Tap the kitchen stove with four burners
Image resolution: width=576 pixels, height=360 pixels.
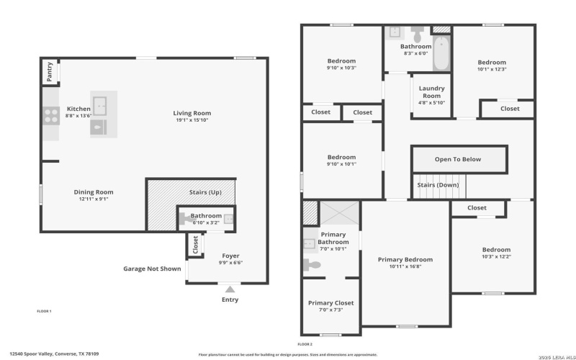click(51, 114)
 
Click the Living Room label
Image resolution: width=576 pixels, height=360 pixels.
click(192, 113)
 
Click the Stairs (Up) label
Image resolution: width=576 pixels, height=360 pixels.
click(205, 192)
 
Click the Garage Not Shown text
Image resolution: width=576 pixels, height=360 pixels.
click(152, 269)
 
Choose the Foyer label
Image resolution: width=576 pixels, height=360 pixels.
click(230, 256)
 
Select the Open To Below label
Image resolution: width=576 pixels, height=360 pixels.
click(457, 159)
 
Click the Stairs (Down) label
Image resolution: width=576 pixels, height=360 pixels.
click(438, 185)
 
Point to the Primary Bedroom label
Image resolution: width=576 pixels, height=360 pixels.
click(405, 259)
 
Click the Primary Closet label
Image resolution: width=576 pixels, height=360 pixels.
click(330, 303)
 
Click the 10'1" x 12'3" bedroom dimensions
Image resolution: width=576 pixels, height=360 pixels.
click(492, 69)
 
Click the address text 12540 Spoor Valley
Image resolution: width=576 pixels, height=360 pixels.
click(68, 354)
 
